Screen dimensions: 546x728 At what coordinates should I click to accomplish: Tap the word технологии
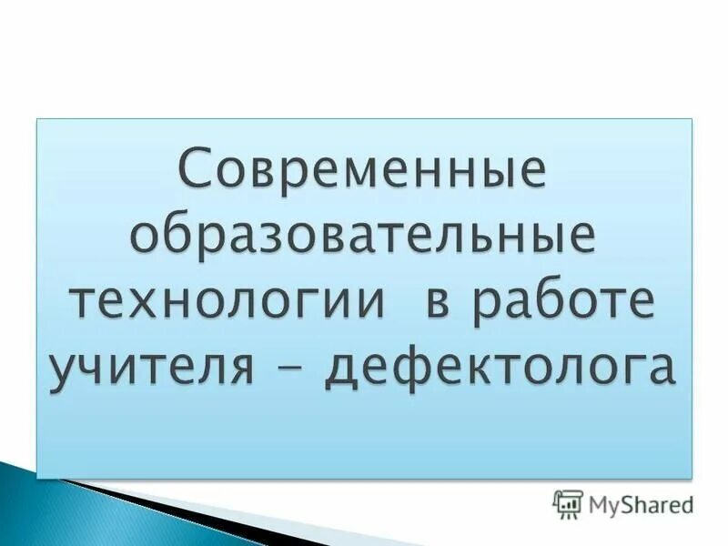(x=228, y=301)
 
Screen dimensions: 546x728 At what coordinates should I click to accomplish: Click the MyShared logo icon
(x=567, y=503)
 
